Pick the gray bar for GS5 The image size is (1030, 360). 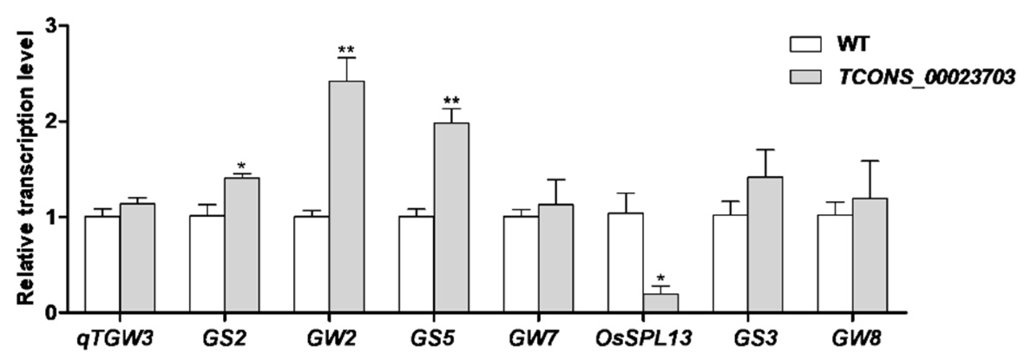451,217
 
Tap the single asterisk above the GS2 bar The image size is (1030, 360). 242,166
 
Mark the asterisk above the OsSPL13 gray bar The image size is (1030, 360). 661,278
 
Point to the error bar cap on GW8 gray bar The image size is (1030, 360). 870,161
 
